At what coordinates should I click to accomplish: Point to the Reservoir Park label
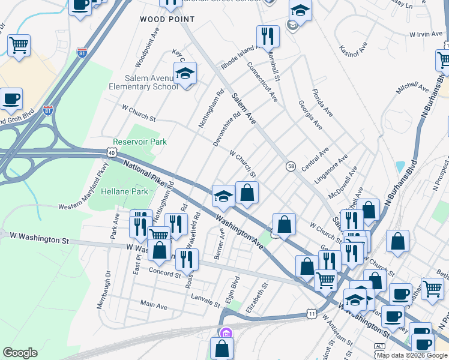coord(140,142)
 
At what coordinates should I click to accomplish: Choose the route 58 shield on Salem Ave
coord(291,166)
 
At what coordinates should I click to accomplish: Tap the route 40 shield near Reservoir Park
coord(112,153)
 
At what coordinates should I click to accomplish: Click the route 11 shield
coord(311,314)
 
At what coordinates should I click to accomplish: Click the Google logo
coord(20,353)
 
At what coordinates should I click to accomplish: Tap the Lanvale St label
coord(205,299)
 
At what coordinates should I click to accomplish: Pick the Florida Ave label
coord(322,103)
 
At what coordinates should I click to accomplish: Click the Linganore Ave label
coord(334,169)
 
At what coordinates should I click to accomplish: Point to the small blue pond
coord(400,167)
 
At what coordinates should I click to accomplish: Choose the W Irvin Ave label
coord(426,34)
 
